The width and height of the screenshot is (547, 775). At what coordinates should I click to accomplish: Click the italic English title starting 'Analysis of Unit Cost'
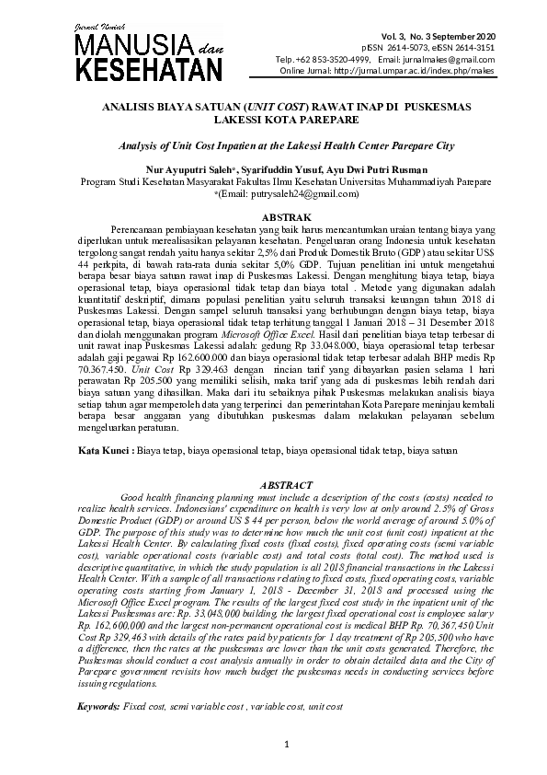coord(273,145)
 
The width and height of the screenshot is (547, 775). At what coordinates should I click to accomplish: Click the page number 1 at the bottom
coord(287,743)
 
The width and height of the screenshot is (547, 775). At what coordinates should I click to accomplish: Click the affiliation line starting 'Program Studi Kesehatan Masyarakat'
coord(273,181)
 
